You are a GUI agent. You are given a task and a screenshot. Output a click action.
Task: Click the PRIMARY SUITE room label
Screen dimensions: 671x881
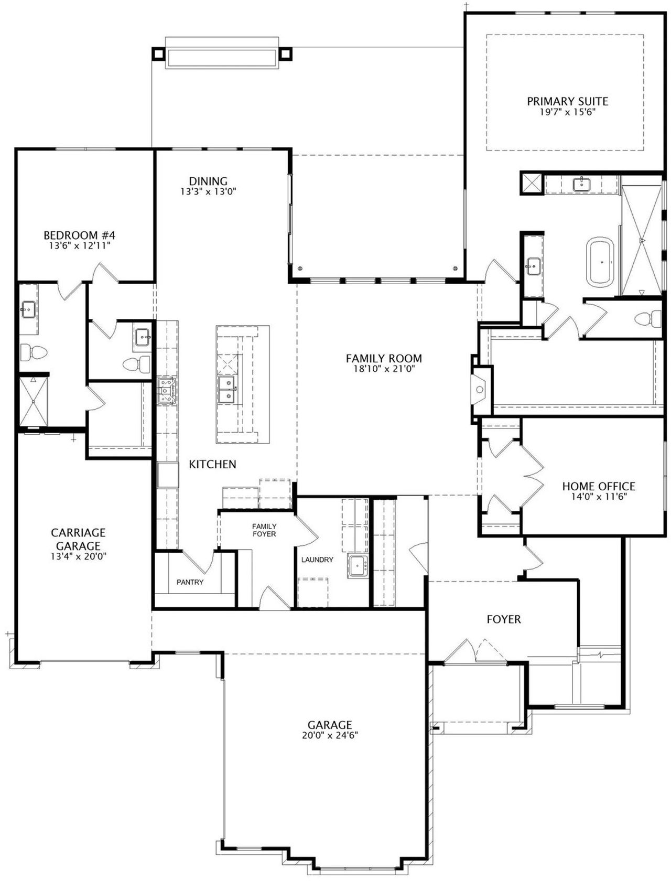567,101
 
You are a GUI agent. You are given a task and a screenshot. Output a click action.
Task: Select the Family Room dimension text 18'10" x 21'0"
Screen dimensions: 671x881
384,369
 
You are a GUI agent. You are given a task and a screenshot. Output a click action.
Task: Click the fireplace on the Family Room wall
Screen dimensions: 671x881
480,389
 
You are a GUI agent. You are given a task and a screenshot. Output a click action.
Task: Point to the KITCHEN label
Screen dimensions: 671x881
212,465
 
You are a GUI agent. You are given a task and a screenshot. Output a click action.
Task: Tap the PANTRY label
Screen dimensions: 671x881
190,582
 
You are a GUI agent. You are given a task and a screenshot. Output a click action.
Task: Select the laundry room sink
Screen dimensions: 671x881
357,567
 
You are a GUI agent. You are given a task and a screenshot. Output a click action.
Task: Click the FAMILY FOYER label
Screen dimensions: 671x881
264,530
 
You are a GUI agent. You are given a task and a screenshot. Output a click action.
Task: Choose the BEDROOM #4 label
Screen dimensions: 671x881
79,235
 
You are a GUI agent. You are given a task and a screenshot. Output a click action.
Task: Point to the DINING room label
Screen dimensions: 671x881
208,181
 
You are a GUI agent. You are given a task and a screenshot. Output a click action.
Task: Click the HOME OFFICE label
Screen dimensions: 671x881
599,487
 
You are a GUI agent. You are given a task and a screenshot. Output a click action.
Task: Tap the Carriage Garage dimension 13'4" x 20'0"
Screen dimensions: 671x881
79,556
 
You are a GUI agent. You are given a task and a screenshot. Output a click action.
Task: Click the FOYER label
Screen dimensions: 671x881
504,619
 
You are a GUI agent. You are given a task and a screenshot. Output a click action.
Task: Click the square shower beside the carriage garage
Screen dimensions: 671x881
34,402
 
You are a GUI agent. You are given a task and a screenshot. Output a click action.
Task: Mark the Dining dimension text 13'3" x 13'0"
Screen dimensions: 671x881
208,192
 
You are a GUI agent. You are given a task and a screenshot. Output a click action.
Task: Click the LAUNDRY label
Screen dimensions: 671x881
317,560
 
